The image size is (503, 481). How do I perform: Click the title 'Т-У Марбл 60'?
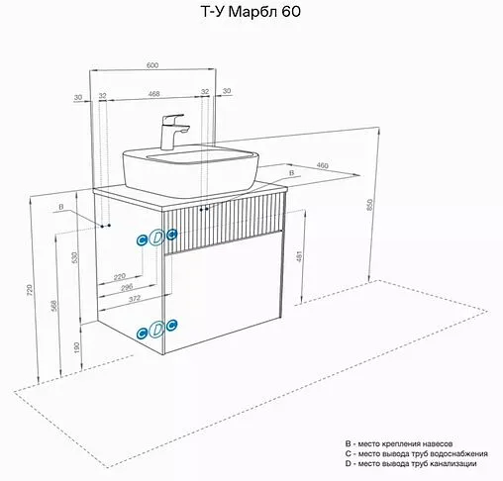tap(251, 12)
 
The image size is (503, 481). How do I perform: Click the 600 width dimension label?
tap(152, 65)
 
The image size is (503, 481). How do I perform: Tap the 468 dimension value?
tap(153, 94)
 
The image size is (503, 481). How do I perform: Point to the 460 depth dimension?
tap(322, 165)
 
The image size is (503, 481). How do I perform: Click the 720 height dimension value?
tap(30, 290)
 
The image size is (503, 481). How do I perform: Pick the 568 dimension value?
tap(54, 306)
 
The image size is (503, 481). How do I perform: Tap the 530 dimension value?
tap(75, 257)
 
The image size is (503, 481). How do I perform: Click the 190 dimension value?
tap(76, 348)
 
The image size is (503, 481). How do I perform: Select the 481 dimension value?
tap(299, 256)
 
